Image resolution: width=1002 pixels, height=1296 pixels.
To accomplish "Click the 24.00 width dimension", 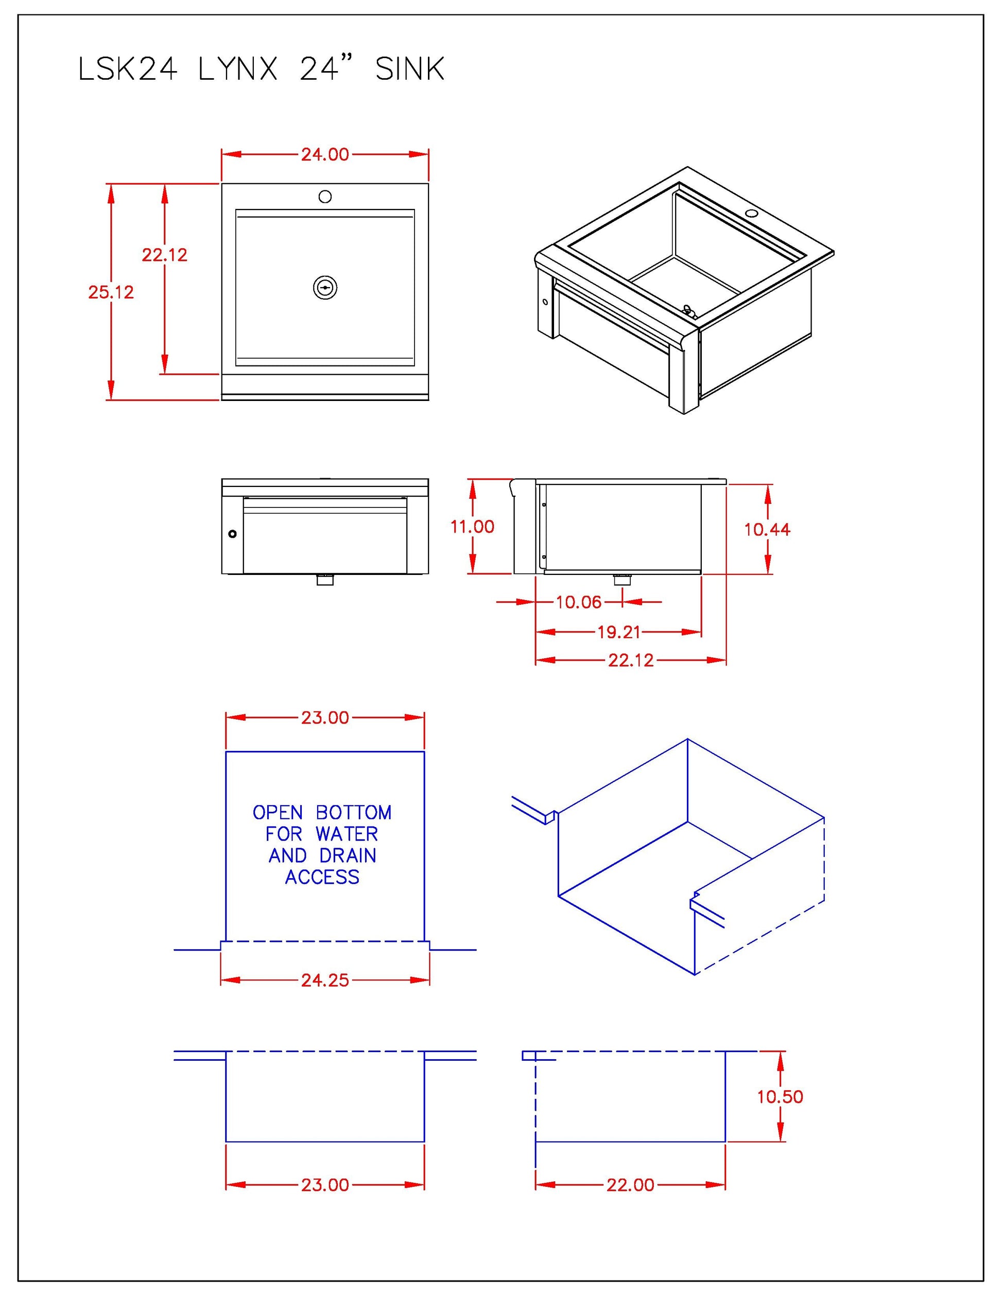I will [x=325, y=154].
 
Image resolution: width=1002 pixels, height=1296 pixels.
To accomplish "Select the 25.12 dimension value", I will [x=111, y=292].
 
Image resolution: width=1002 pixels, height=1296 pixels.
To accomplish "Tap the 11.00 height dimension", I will [x=472, y=527].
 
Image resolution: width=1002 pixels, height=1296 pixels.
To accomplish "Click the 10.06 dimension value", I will [x=578, y=602].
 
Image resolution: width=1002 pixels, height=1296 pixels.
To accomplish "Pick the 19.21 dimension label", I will [x=618, y=632].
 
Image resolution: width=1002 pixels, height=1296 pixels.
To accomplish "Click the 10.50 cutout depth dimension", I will [x=780, y=1097].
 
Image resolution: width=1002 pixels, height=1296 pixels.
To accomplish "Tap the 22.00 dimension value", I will [x=630, y=1185].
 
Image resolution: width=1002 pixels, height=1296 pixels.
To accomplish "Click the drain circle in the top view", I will [x=325, y=287].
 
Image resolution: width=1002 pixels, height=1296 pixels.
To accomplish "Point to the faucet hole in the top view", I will [x=325, y=197].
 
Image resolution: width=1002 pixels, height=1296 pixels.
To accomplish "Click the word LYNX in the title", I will [x=237, y=69].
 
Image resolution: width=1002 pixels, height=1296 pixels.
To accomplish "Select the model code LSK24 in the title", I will [x=128, y=69].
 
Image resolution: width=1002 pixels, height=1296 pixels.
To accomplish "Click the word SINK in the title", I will [x=409, y=69].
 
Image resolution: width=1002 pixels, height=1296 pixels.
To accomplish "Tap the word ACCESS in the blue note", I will [x=322, y=877].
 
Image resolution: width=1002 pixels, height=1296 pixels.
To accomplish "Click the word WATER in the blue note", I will [x=347, y=834].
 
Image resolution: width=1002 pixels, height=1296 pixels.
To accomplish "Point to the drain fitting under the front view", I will [x=325, y=579].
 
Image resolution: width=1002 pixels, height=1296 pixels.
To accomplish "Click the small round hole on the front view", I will [x=232, y=533].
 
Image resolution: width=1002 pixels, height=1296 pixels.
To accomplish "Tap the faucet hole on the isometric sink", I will [x=753, y=213].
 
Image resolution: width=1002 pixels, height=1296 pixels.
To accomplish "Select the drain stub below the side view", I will [x=622, y=579].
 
